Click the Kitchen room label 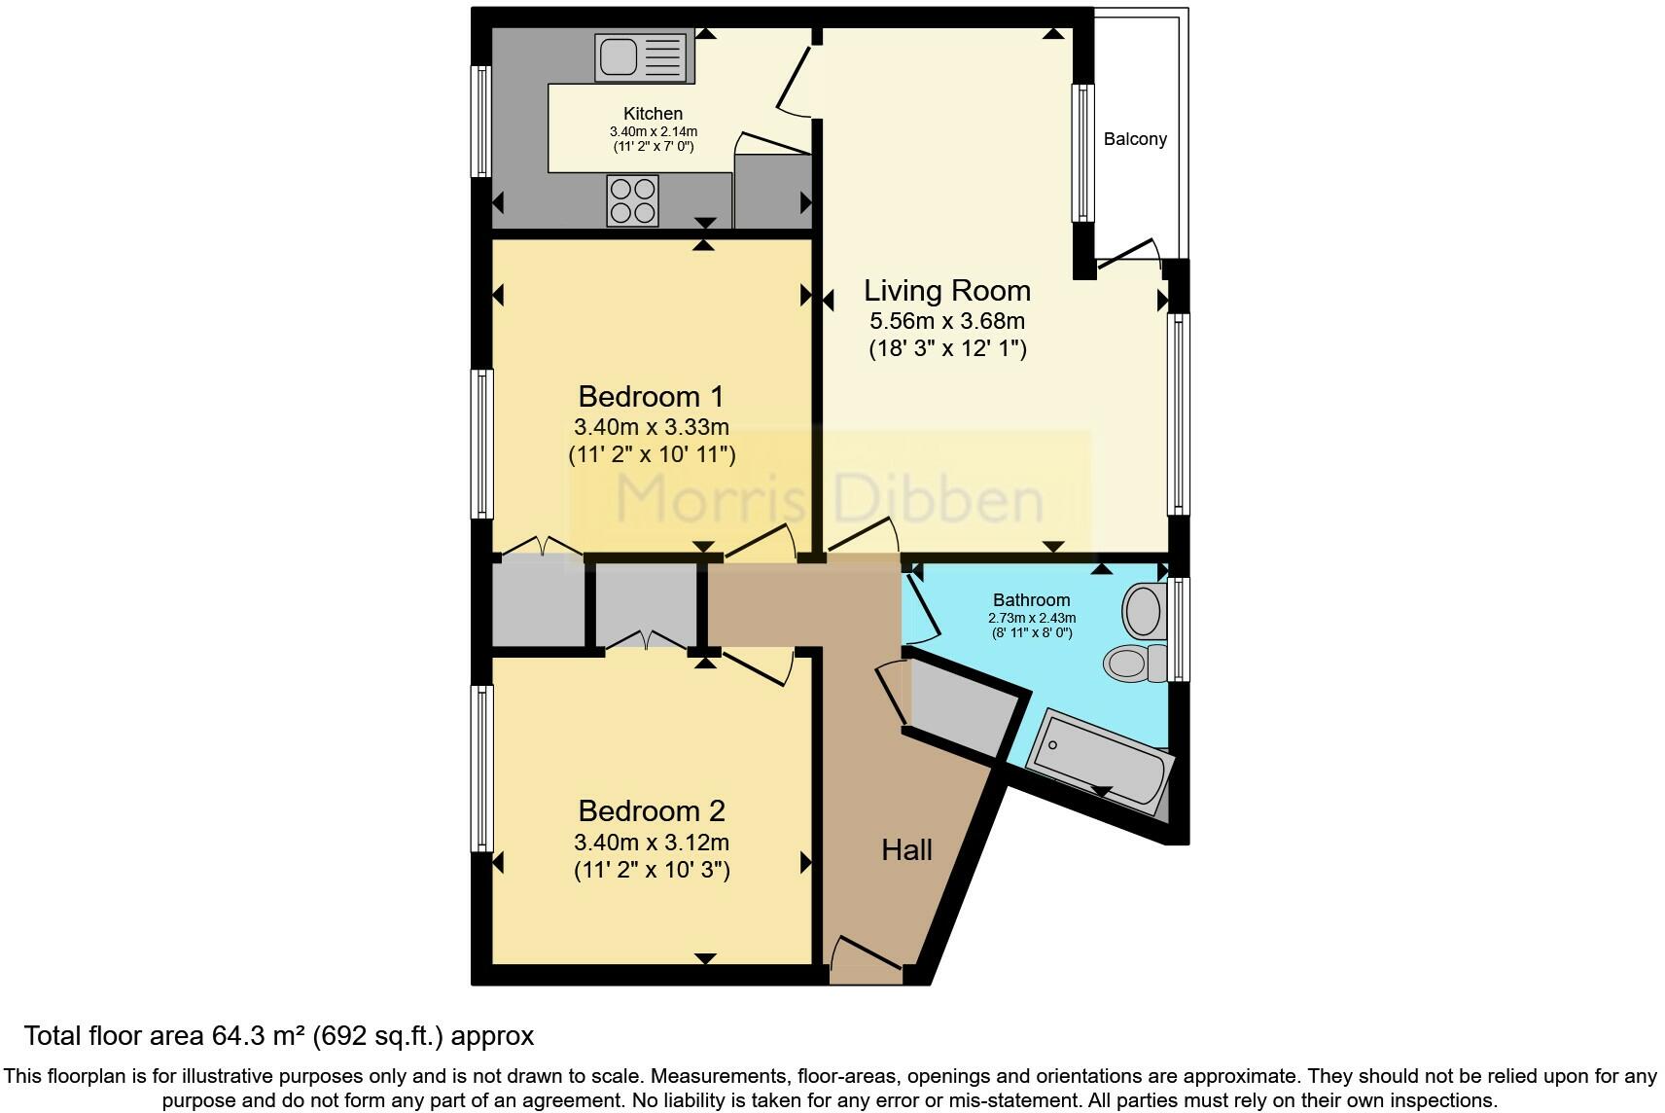click(653, 114)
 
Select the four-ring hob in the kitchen click(632, 200)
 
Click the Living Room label click(947, 291)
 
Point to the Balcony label click(1135, 139)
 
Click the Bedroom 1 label click(651, 396)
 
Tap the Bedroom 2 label click(652, 810)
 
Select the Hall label click(906, 849)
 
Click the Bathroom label click(1032, 600)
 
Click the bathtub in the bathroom click(1100, 761)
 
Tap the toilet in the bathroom click(1135, 663)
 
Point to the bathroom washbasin click(1145, 611)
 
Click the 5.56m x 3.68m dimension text click(947, 321)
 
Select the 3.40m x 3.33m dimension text click(652, 427)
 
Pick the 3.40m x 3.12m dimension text click(652, 843)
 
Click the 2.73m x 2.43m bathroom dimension click(1032, 618)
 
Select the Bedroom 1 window click(482, 444)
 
